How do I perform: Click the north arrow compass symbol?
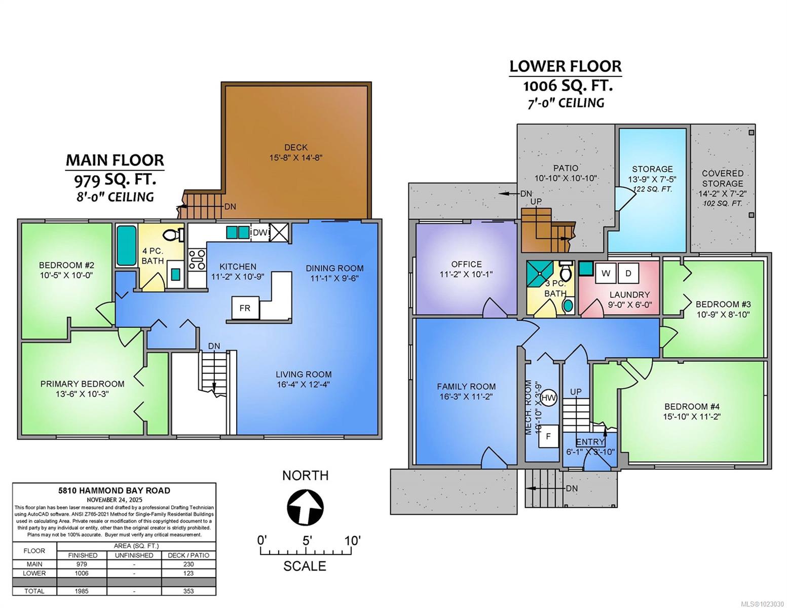305,507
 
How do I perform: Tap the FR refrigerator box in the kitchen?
245,308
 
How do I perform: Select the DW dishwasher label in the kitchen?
260,233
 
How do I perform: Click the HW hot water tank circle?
548,398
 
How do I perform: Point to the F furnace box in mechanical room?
548,436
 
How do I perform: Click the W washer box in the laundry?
606,274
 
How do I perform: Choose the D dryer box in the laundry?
628,274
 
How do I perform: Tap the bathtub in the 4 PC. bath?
127,245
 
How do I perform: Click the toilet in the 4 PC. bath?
173,235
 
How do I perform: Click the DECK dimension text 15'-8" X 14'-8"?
296,158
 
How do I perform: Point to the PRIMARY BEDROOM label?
83,384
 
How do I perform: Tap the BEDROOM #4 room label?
692,406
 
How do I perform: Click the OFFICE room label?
466,264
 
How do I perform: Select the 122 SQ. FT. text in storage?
652,189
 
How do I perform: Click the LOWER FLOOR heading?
565,66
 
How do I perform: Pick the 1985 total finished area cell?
82,591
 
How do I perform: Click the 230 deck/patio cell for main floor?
188,564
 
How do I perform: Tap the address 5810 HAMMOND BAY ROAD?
114,490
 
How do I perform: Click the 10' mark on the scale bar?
352,541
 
